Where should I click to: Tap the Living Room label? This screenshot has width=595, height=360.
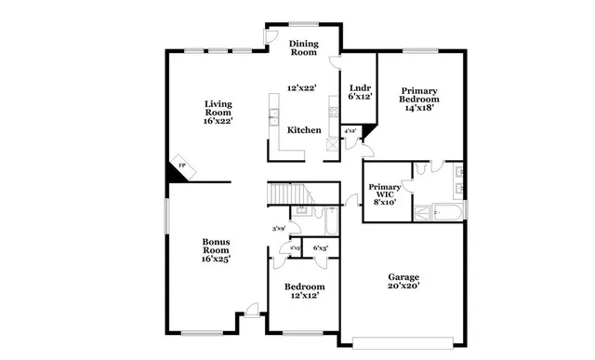pos(218,109)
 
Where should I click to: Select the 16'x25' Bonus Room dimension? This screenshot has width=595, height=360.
pos(217,260)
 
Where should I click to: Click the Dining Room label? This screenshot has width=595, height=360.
pos(304,48)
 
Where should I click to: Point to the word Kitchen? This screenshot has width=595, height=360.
pos(304,130)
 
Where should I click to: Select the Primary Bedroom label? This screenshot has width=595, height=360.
pos(419,94)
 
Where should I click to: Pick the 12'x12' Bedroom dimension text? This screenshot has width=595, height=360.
pos(304,297)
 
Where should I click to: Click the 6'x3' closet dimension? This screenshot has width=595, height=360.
pos(321,248)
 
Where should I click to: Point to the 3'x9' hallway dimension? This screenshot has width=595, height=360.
pos(277,229)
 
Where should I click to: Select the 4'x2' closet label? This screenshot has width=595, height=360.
pos(350,132)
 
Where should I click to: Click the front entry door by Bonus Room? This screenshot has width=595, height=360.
pos(249,313)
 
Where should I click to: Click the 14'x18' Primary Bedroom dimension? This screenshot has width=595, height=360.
pos(419,108)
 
